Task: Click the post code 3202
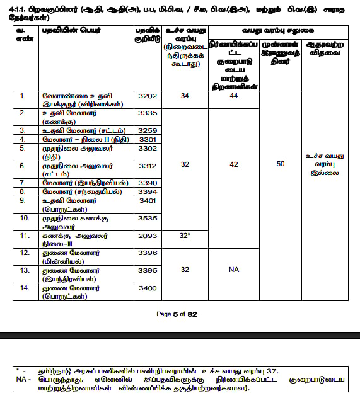click(x=147, y=96)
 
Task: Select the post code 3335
click(x=147, y=113)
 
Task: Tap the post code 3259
click(x=147, y=130)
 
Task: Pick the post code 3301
click(x=147, y=139)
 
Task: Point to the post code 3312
click(x=147, y=165)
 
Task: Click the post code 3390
click(x=147, y=182)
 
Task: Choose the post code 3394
click(x=147, y=191)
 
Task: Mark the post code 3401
click(x=147, y=200)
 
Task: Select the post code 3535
click(x=147, y=217)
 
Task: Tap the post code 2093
click(x=147, y=235)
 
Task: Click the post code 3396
click(x=147, y=253)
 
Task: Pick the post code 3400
click(x=147, y=287)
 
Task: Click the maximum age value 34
click(x=185, y=96)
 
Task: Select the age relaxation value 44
click(x=233, y=96)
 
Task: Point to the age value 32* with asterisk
click(x=185, y=235)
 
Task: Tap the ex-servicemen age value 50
click(x=280, y=164)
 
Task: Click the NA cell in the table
click(x=233, y=270)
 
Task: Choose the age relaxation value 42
click(x=233, y=164)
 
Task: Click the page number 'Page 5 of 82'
click(x=180, y=314)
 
